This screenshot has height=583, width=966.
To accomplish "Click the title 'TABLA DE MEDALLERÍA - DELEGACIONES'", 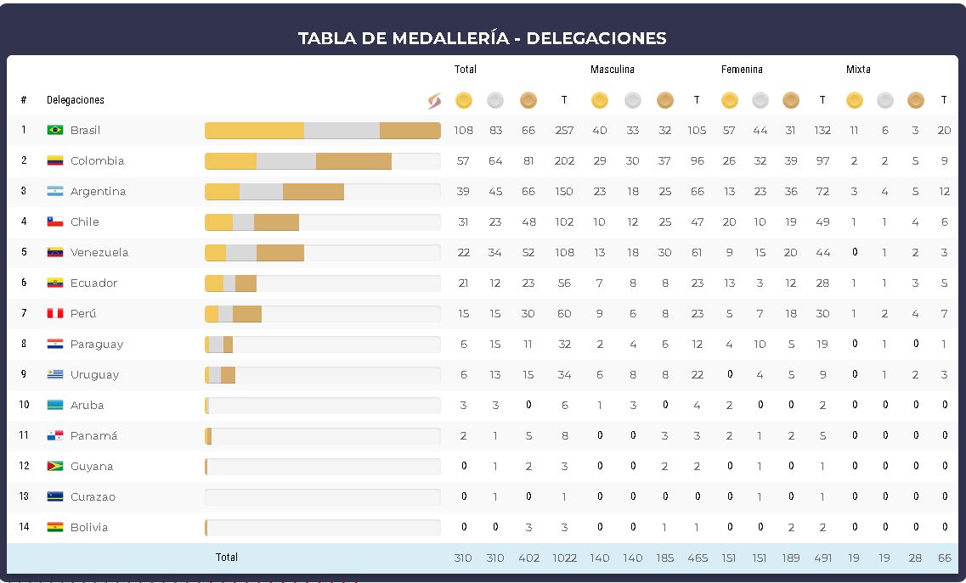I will click(482, 38).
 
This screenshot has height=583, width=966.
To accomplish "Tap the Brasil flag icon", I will click(55, 130).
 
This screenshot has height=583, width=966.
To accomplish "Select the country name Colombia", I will click(97, 160).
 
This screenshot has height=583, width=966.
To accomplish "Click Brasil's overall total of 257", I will click(564, 130).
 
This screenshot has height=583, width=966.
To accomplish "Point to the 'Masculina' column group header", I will click(613, 70).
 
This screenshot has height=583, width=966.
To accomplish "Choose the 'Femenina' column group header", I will click(742, 70).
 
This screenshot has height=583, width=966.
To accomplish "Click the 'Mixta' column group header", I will click(858, 70).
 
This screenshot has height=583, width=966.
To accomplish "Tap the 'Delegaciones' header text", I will click(76, 100).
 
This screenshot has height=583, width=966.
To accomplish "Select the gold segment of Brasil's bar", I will click(254, 130).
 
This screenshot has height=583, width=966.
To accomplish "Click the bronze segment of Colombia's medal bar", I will click(353, 160).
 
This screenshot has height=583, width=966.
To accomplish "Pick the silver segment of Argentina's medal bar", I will click(261, 191).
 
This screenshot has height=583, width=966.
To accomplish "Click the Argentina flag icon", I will click(55, 191).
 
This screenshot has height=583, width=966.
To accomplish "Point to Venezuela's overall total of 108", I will click(564, 252).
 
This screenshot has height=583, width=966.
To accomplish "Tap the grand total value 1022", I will click(564, 558).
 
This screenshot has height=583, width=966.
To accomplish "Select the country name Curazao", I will click(93, 496).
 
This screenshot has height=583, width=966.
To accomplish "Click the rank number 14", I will click(24, 527).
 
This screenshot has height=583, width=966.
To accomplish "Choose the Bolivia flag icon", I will click(55, 527).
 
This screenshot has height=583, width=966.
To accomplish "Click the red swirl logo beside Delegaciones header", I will click(434, 101).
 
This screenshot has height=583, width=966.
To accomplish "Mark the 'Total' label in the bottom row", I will click(227, 558).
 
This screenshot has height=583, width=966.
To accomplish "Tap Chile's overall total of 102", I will click(564, 221).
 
